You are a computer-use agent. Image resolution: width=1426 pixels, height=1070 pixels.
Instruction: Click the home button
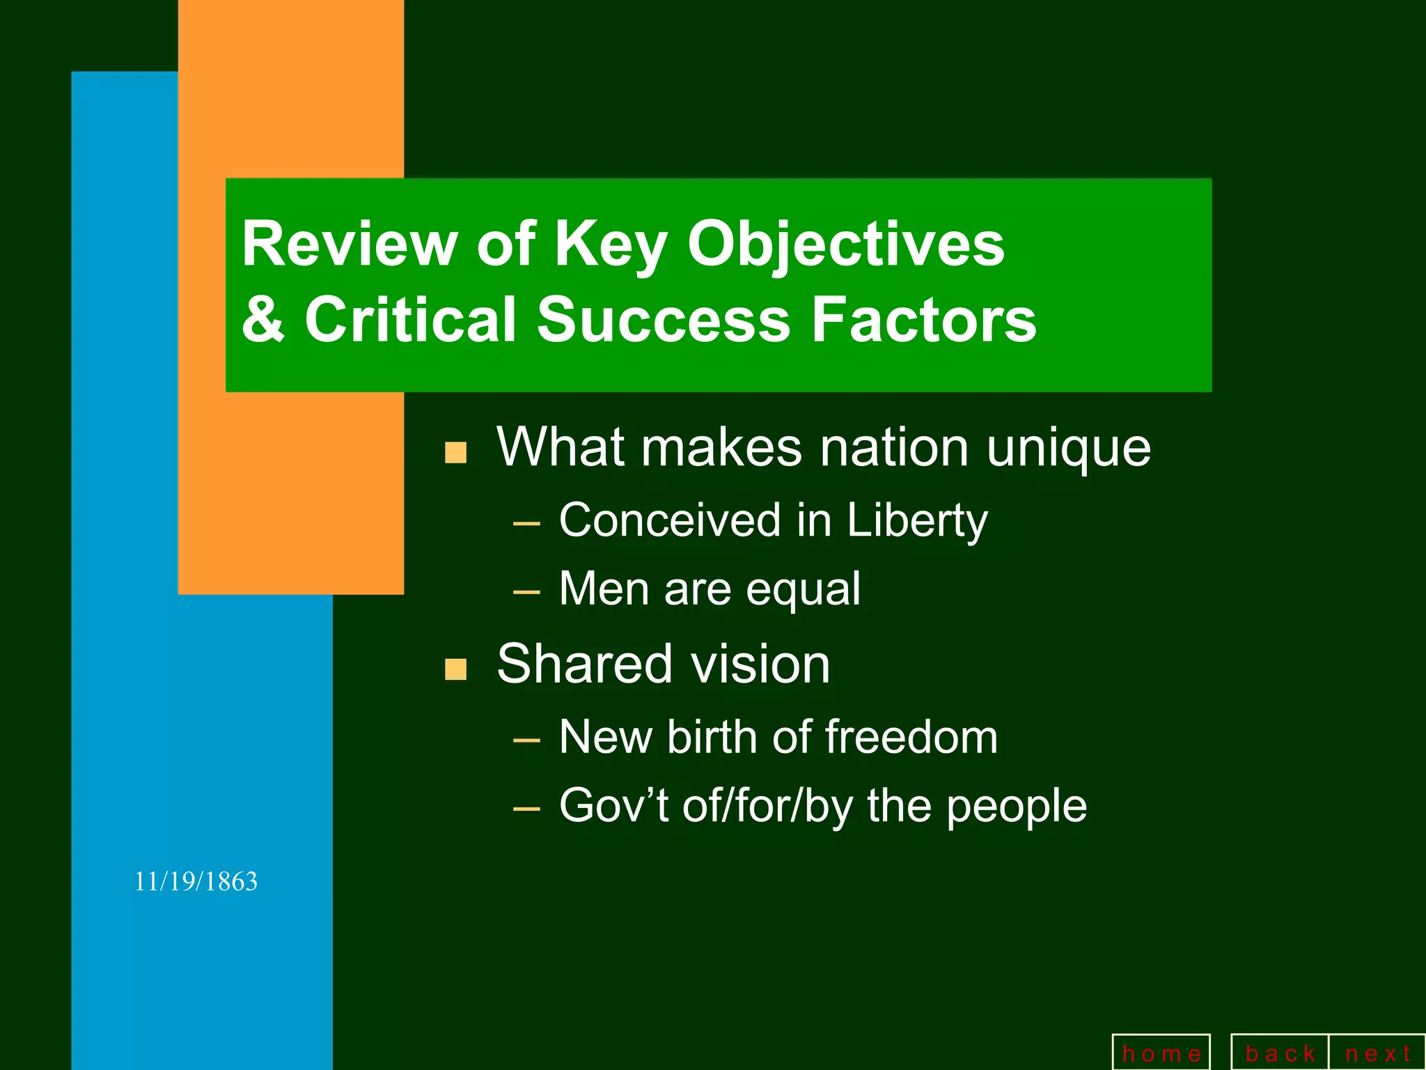tap(1161, 1053)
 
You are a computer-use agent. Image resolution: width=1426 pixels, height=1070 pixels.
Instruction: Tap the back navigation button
tap(1280, 1053)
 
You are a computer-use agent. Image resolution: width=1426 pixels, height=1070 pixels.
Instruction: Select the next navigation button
tap(1377, 1053)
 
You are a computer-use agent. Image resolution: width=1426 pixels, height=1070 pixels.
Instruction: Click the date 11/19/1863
tap(196, 882)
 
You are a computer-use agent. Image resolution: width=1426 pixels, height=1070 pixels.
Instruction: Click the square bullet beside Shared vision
tap(455, 669)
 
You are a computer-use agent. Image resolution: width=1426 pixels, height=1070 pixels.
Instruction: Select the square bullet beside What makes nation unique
tap(455, 453)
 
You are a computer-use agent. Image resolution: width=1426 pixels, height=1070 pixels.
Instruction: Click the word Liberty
tap(917, 521)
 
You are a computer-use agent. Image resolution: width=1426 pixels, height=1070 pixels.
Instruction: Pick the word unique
tap(1068, 449)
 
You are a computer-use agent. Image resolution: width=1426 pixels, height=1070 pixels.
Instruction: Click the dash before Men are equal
tap(526, 593)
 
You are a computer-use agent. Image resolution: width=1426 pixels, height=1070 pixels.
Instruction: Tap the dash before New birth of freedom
tap(526, 740)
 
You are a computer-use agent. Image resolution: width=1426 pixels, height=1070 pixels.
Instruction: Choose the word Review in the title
tap(349, 244)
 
